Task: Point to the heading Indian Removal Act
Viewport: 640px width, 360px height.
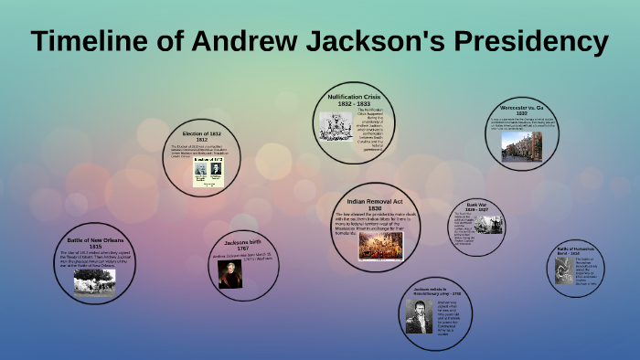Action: point(374,200)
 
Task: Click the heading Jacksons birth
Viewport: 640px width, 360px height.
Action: point(243,243)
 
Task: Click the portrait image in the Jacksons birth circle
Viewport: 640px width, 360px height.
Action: point(229,275)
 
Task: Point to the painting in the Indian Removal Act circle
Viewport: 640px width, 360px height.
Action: point(380,246)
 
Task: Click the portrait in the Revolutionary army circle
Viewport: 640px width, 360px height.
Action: point(420,315)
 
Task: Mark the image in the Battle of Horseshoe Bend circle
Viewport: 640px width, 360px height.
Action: point(563,270)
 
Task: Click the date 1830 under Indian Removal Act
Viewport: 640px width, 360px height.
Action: point(374,208)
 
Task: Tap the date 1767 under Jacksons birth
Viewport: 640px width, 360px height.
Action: point(243,249)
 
